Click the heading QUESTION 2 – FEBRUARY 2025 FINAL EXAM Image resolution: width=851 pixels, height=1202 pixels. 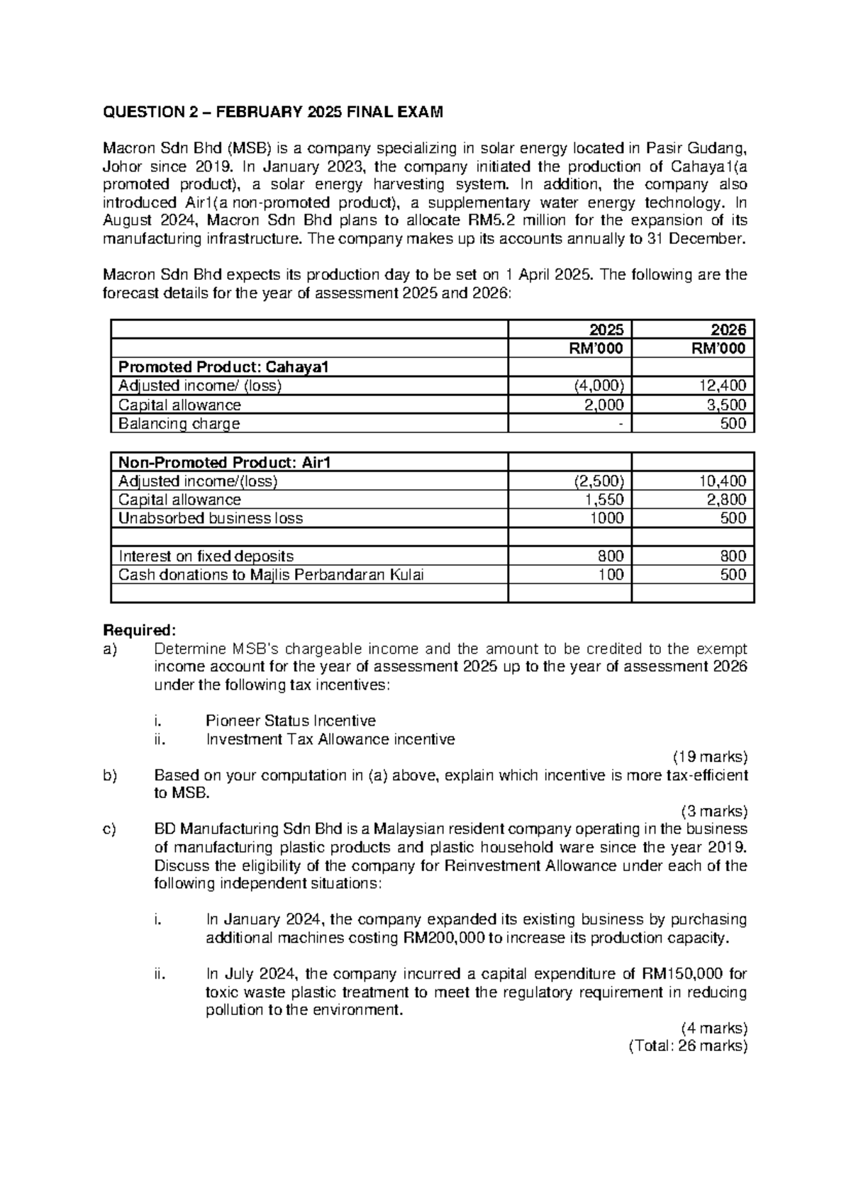coord(273,112)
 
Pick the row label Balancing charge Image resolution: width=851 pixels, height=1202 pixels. coord(179,424)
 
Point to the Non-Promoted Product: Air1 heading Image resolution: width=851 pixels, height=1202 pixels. coord(225,463)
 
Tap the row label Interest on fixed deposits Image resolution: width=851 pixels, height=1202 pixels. coord(206,556)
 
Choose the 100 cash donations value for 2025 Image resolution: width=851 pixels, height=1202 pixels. coord(611,575)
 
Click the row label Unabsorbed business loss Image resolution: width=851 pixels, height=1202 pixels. coord(211,519)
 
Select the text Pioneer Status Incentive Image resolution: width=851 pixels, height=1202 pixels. coord(290,721)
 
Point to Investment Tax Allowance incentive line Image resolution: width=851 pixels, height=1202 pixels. coord(330,740)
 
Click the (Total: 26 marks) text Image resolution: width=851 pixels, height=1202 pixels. coord(688,1047)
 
